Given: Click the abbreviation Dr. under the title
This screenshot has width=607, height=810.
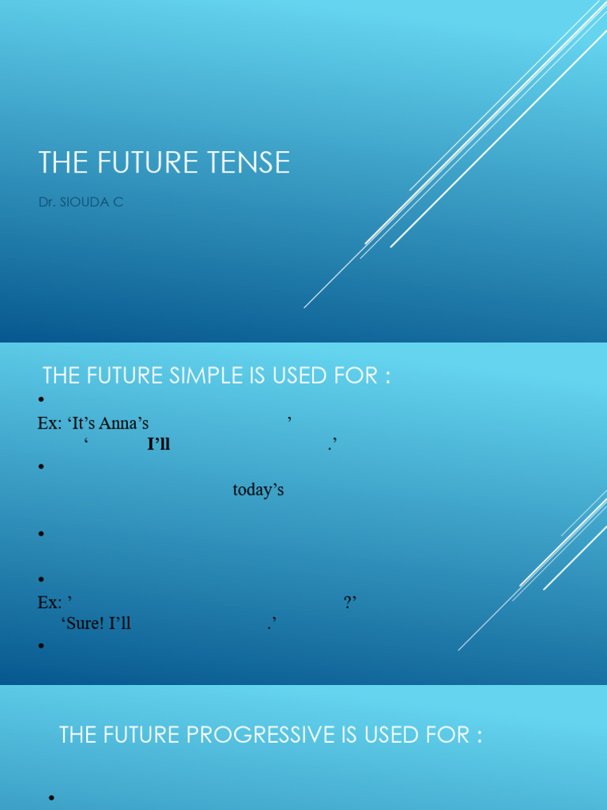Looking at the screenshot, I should [47, 202].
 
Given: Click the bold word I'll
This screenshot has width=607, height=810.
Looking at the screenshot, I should [159, 445].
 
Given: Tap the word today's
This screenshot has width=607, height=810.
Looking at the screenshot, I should [258, 490].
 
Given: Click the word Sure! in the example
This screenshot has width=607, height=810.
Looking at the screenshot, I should [89, 623].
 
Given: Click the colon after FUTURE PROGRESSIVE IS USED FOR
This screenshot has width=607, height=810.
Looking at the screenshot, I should [478, 736].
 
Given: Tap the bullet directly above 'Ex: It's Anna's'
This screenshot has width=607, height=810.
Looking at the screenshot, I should [41, 400].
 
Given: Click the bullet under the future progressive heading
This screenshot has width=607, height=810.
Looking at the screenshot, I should [53, 797].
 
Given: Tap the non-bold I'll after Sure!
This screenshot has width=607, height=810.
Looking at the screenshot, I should [121, 623].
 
